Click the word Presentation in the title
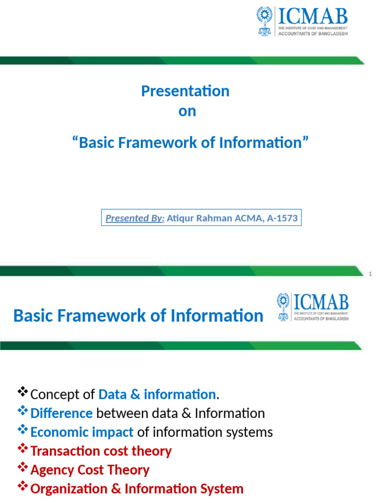[185, 91]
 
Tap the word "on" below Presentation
[187, 111]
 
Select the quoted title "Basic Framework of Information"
[190, 142]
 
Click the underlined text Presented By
[135, 218]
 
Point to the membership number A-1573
[282, 218]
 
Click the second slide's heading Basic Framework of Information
[138, 315]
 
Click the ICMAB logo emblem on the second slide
[283, 307]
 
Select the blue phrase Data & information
[157, 394]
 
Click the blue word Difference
[61, 413]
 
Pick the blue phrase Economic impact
[81, 432]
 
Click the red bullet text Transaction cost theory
[101, 451]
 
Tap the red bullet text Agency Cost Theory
[90, 470]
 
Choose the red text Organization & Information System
[137, 489]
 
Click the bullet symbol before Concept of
[23, 392]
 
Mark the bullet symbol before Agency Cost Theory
[23, 468]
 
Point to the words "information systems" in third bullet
[213, 432]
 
